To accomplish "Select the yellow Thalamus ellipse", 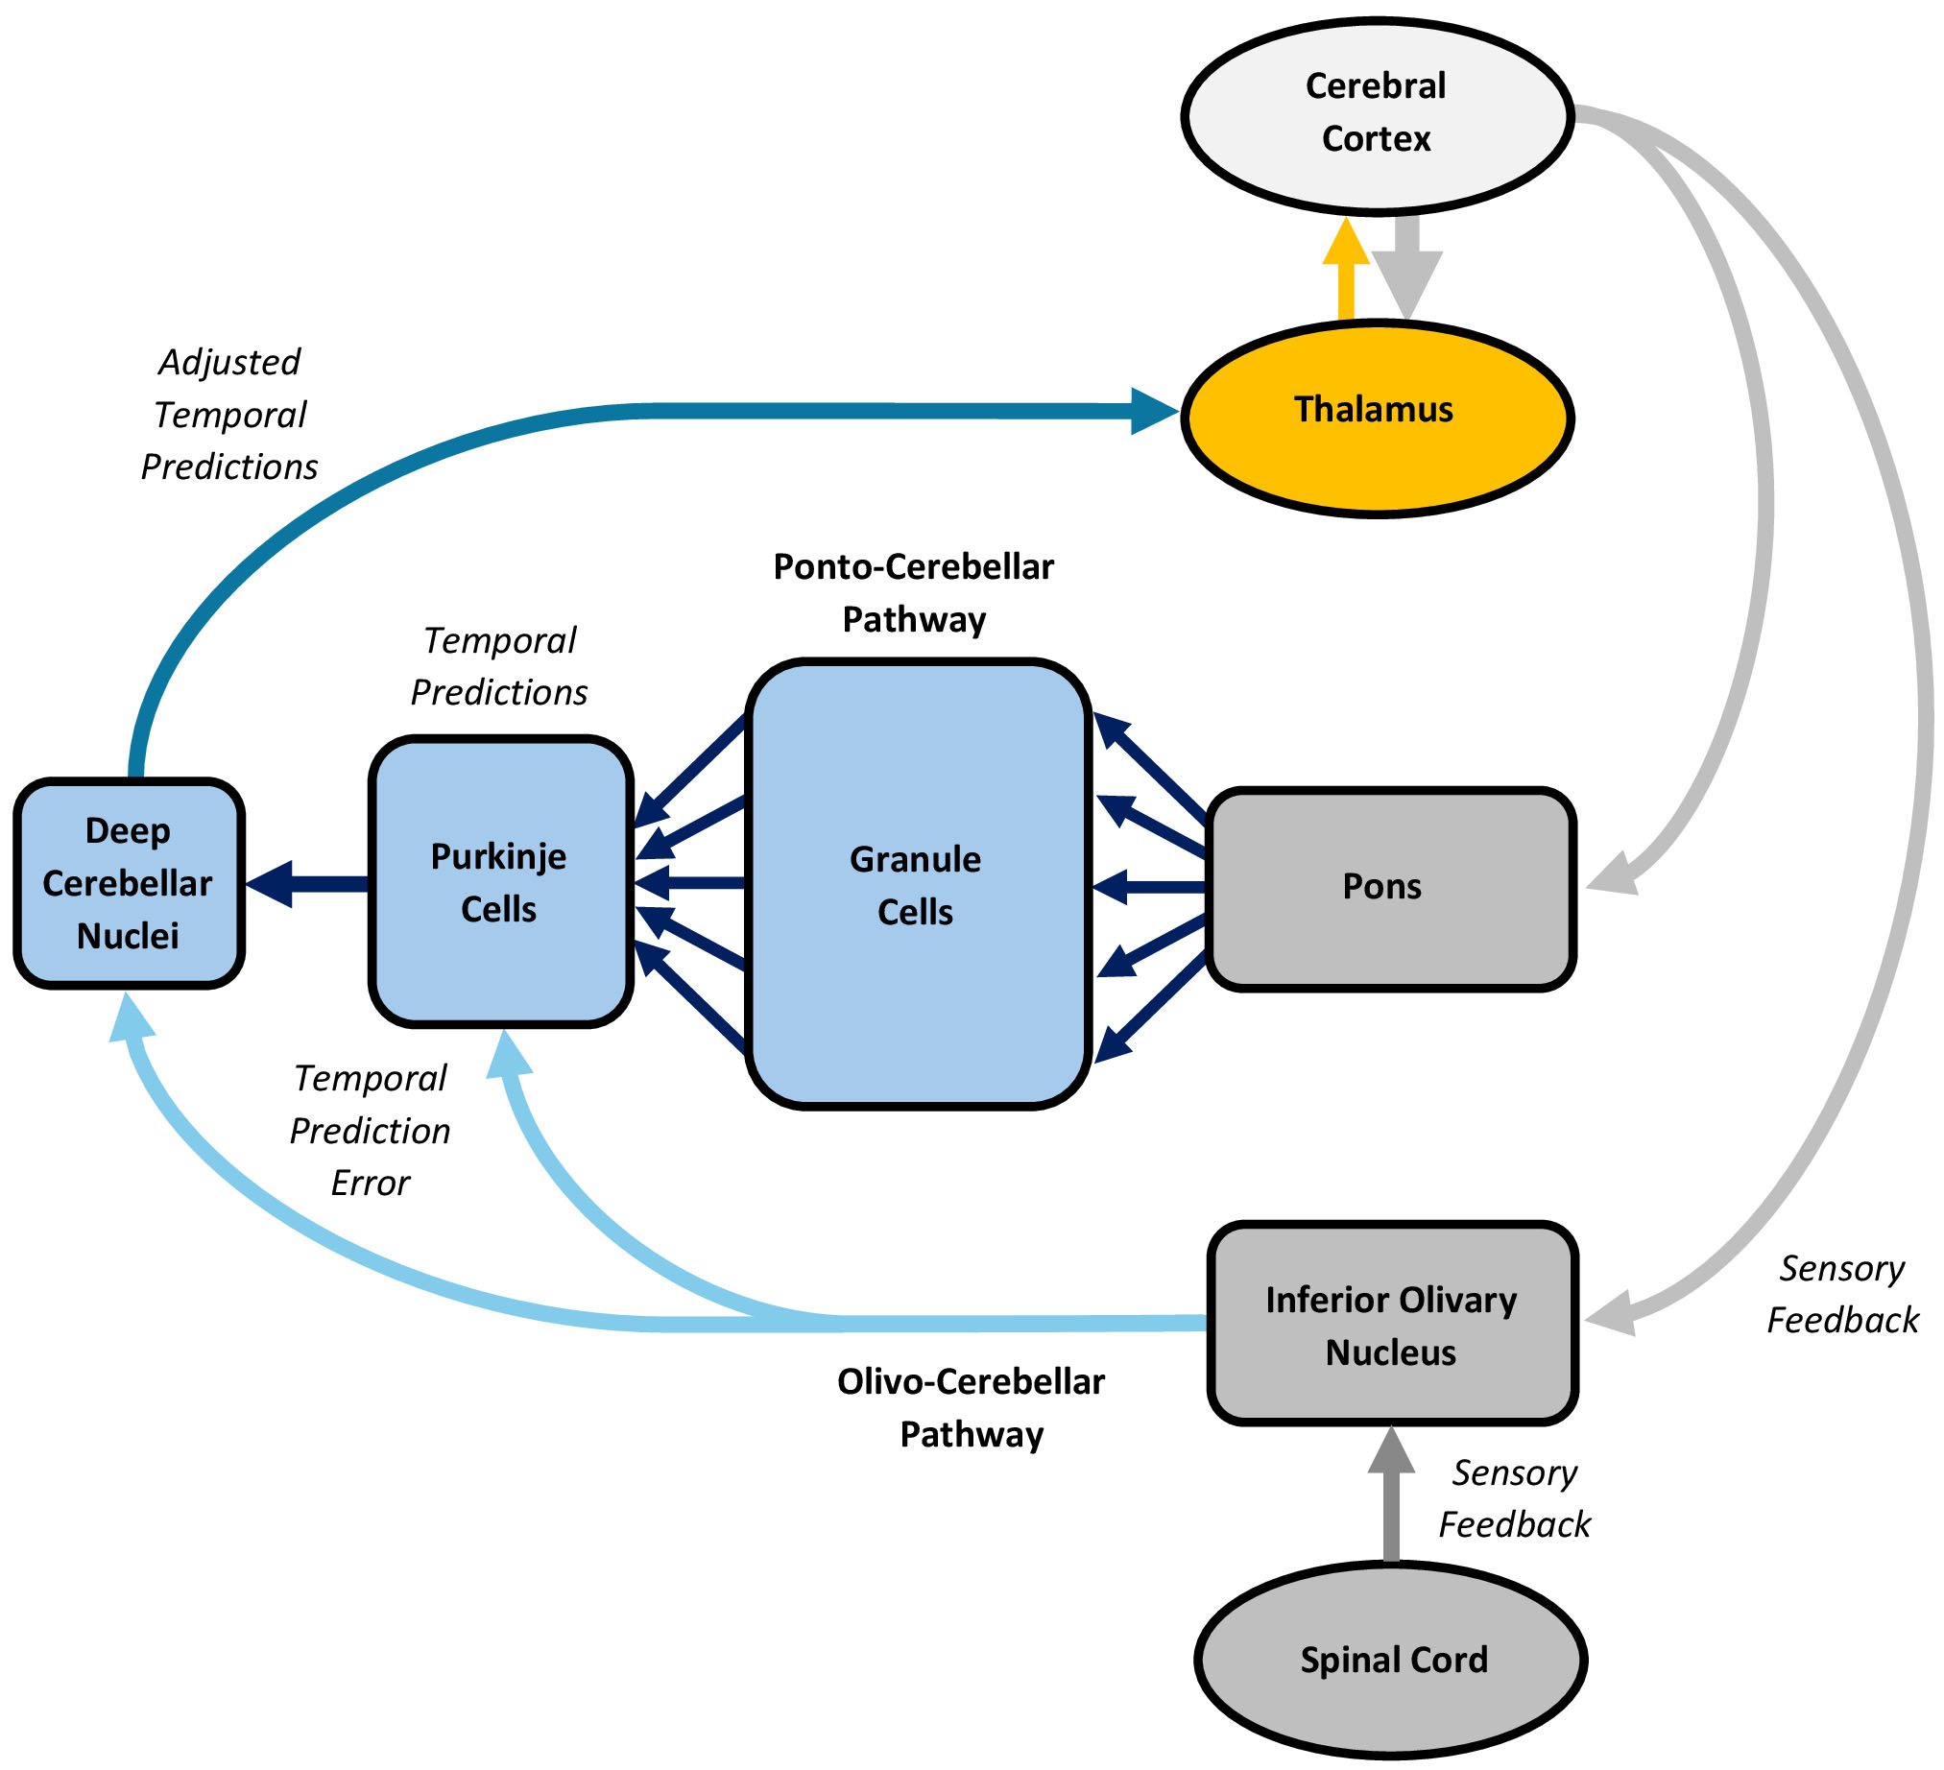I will pyautogui.click(x=1377, y=419).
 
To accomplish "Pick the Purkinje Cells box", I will pyautogui.click(x=500, y=882).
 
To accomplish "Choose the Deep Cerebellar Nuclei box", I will pyautogui.click(x=129, y=883).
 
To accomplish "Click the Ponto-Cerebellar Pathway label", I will pyautogui.click(x=913, y=593).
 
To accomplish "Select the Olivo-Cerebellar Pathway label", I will pyautogui.click(x=970, y=1408).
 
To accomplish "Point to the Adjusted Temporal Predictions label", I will pyautogui.click(x=229, y=415).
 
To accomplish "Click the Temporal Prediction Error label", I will pyautogui.click(x=371, y=1130).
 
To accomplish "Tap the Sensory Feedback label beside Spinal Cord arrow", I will pyautogui.click(x=1514, y=1499).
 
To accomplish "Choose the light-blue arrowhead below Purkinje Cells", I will pyautogui.click(x=508, y=1054).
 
